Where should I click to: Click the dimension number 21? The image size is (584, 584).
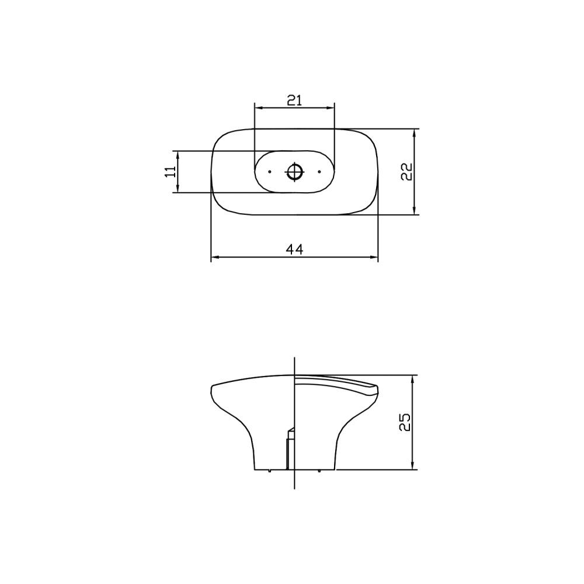tap(294, 100)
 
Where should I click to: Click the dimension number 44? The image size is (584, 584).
tap(294, 249)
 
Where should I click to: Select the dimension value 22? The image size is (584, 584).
tap(406, 172)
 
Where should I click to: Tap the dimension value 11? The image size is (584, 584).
tap(170, 172)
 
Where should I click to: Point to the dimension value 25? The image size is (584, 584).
tap(405, 422)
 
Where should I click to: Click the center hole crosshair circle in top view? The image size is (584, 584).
tap(295, 172)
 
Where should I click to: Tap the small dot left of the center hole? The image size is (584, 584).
tap(270, 172)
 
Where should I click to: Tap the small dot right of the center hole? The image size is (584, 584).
tap(319, 172)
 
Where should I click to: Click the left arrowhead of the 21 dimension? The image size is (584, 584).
tap(258, 108)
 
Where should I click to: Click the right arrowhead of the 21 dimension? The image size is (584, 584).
tap(331, 108)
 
